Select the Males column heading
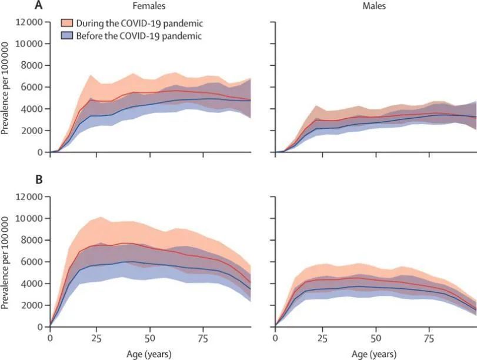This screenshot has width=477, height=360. pyautogui.click(x=376, y=7)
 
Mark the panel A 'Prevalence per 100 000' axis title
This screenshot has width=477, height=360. pyautogui.click(x=5, y=87)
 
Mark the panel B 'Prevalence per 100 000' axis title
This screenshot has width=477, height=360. pyautogui.click(x=5, y=262)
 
